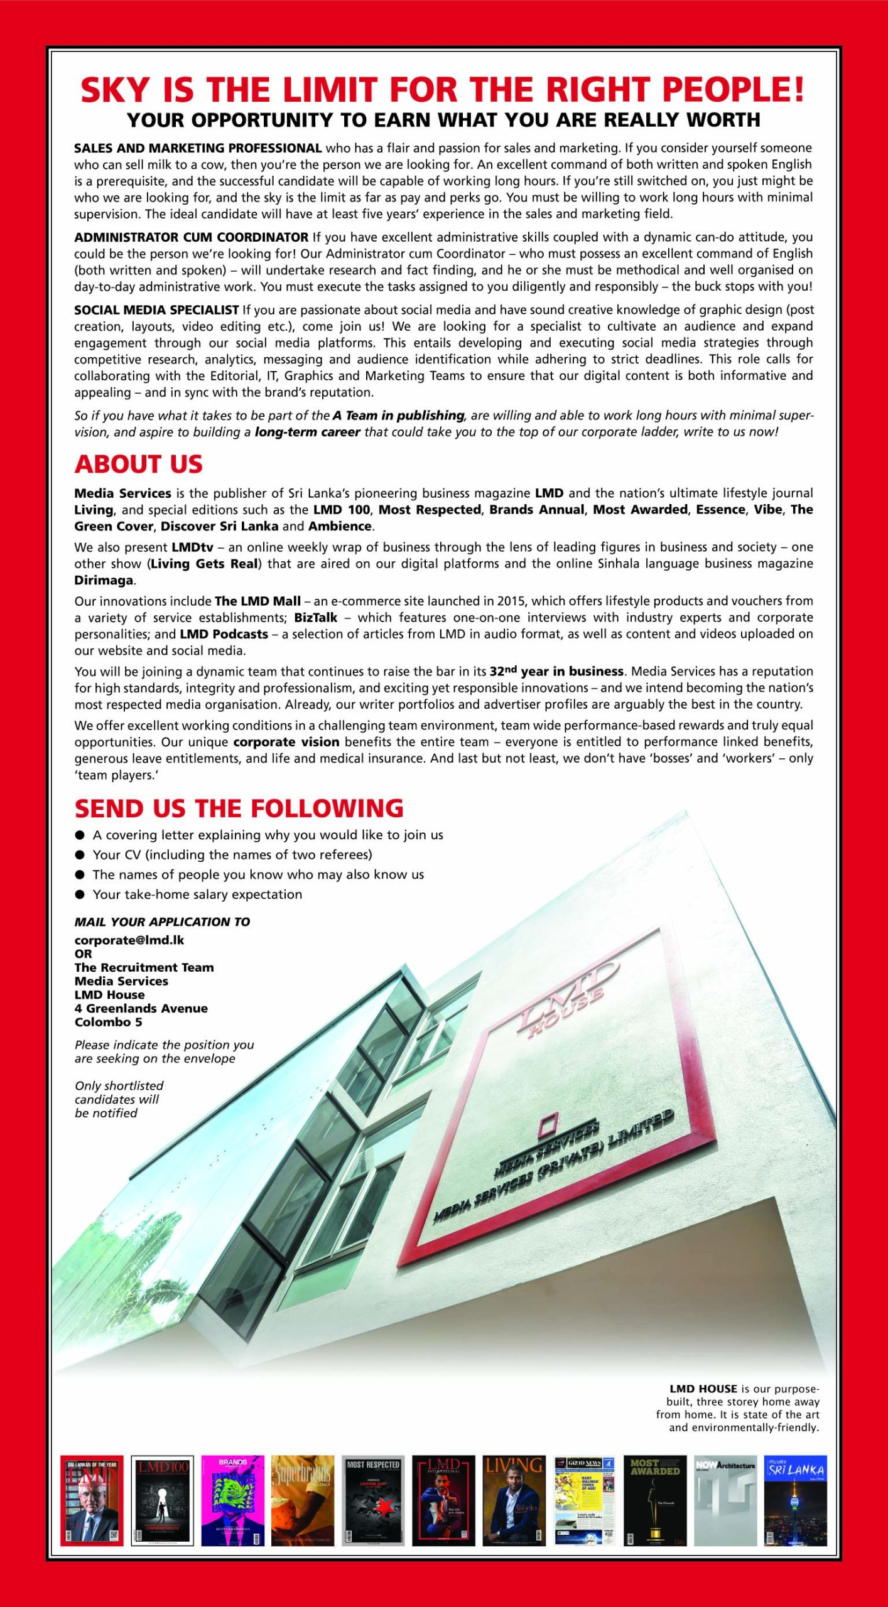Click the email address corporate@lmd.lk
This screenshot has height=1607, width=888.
(x=129, y=940)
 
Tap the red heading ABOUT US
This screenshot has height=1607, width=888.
(x=138, y=465)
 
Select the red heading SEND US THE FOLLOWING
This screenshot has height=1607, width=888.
(x=239, y=809)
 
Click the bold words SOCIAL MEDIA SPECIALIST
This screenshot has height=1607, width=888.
(x=156, y=310)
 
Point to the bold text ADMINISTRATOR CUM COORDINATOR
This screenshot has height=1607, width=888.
(x=191, y=237)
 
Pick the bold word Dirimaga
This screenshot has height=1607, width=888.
(x=104, y=580)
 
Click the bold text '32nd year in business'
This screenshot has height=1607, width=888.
(x=556, y=671)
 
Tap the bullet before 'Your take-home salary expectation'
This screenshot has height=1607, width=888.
(x=80, y=895)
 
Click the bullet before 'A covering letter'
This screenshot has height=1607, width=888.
(x=80, y=836)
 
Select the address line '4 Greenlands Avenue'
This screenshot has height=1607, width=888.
(x=141, y=1008)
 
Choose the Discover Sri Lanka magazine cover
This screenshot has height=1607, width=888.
(x=795, y=1500)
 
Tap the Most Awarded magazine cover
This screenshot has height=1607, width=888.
(x=654, y=1500)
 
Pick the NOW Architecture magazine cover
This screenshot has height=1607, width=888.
(x=725, y=1500)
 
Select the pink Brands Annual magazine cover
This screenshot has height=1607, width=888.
(x=232, y=1500)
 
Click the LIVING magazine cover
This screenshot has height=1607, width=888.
(x=514, y=1500)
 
